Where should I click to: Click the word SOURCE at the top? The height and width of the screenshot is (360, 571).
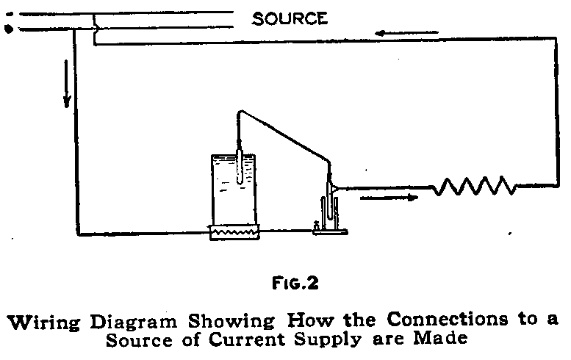pos(290,19)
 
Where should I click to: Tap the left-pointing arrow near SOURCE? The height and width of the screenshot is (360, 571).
pos(406,34)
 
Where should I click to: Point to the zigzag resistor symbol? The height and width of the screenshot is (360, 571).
pos(473,187)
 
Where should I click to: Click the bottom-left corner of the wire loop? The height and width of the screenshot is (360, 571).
pos(76,234)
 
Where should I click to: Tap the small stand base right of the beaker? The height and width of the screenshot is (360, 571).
pos(329,231)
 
